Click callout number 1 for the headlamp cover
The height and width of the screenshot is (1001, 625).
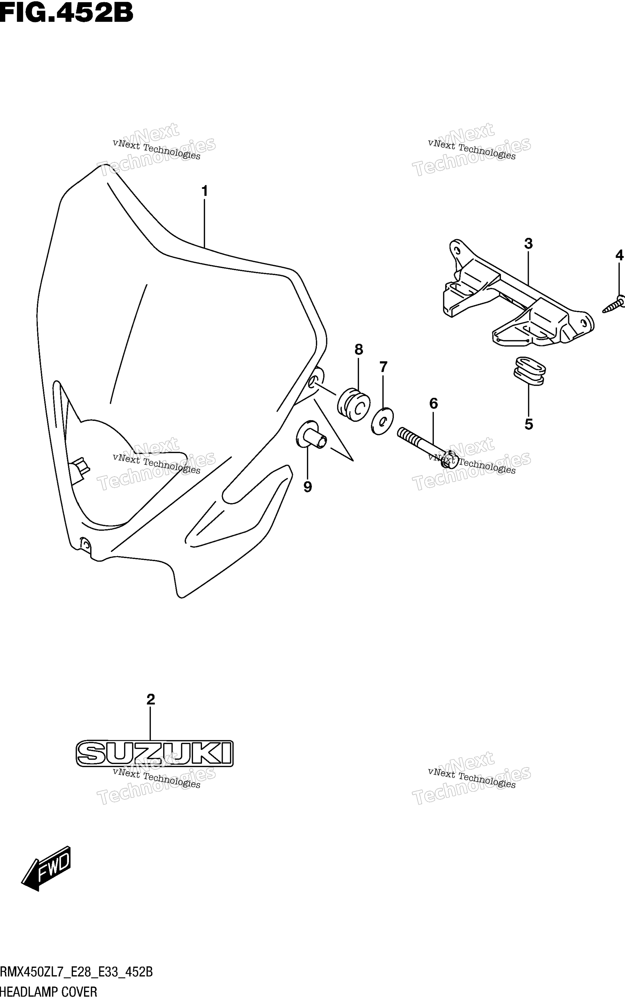click(204, 191)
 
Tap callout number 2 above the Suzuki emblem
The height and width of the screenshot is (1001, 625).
click(151, 699)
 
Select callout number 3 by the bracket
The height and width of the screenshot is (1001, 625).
click(528, 244)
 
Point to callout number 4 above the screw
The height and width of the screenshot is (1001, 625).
click(619, 255)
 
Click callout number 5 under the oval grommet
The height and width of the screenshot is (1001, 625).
click(529, 424)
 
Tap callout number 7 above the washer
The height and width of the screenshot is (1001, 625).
click(383, 367)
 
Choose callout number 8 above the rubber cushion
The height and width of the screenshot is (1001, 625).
click(358, 350)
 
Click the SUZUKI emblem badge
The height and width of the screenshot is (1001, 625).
click(155, 754)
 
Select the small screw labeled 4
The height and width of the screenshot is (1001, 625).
click(613, 305)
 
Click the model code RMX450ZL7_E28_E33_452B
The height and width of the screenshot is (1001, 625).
click(76, 972)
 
